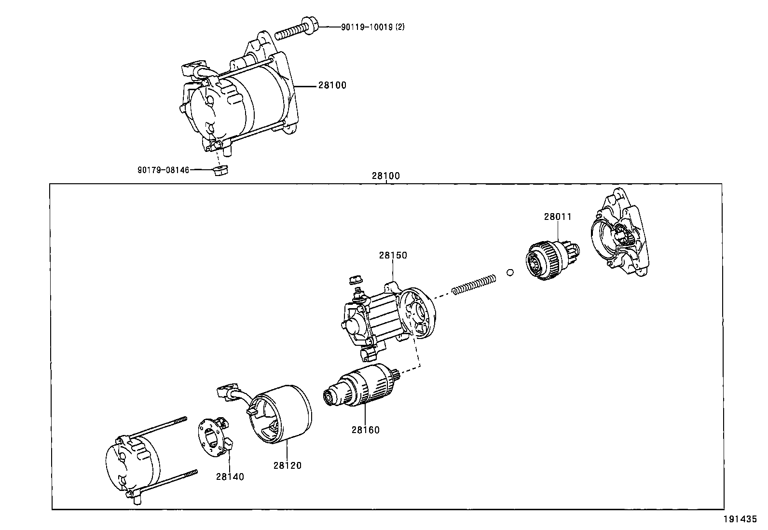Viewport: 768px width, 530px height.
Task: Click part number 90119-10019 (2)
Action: (x=372, y=27)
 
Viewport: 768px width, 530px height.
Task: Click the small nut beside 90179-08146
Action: (x=220, y=170)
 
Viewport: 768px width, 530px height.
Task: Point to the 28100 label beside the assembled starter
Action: (x=332, y=86)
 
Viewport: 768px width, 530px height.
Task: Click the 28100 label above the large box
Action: (x=385, y=177)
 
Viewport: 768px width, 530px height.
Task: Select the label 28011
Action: (x=557, y=217)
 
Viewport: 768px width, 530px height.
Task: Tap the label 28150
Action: (x=393, y=256)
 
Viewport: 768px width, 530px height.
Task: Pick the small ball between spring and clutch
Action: (x=510, y=273)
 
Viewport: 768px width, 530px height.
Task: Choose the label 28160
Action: (x=365, y=430)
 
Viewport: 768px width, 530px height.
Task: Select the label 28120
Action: (x=287, y=466)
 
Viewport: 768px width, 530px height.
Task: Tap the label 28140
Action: (x=230, y=477)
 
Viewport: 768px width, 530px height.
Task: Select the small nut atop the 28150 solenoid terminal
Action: (x=355, y=279)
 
